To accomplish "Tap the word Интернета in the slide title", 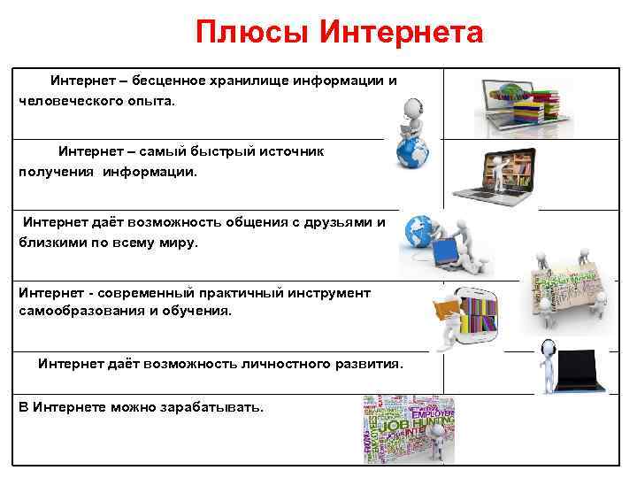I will [401, 33].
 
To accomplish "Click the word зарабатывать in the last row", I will [211, 406].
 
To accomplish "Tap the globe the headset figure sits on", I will [412, 156].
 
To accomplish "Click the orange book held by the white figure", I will [445, 311].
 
